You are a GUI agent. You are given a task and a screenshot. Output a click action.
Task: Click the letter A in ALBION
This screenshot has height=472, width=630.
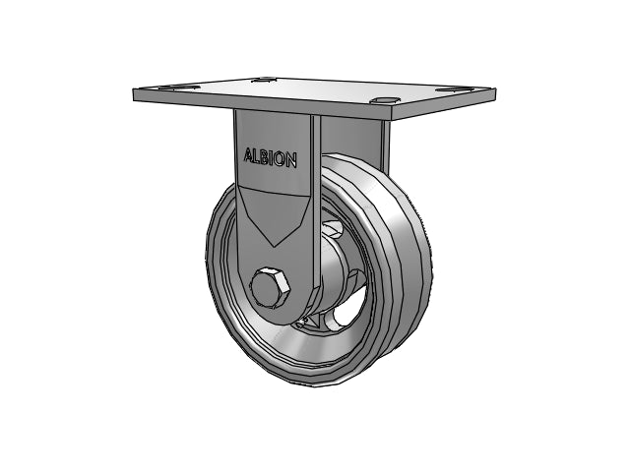[x=249, y=155]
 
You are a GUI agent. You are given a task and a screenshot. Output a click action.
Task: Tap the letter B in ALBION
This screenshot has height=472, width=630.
[x=268, y=157]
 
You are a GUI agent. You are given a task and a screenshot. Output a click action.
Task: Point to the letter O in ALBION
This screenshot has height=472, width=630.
[x=282, y=158]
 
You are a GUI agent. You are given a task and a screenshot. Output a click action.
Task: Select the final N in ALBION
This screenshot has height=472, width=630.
[x=292, y=159]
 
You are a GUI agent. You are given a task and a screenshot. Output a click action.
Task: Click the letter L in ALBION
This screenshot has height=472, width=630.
[x=259, y=156]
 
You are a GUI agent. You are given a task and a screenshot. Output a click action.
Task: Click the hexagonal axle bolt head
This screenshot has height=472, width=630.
[x=271, y=287]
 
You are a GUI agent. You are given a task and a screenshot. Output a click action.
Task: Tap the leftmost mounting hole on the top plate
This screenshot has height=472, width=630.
[x=178, y=87]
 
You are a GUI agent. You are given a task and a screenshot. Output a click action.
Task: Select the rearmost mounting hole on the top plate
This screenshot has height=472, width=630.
[x=266, y=80]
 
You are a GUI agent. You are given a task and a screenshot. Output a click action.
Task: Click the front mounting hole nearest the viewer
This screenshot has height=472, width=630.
[x=385, y=100]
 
